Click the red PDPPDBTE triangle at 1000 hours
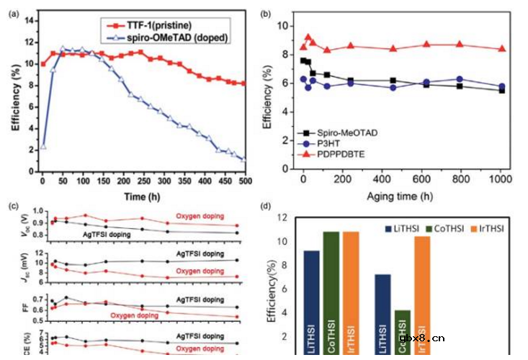click(502, 49)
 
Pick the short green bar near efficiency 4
click(403, 331)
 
